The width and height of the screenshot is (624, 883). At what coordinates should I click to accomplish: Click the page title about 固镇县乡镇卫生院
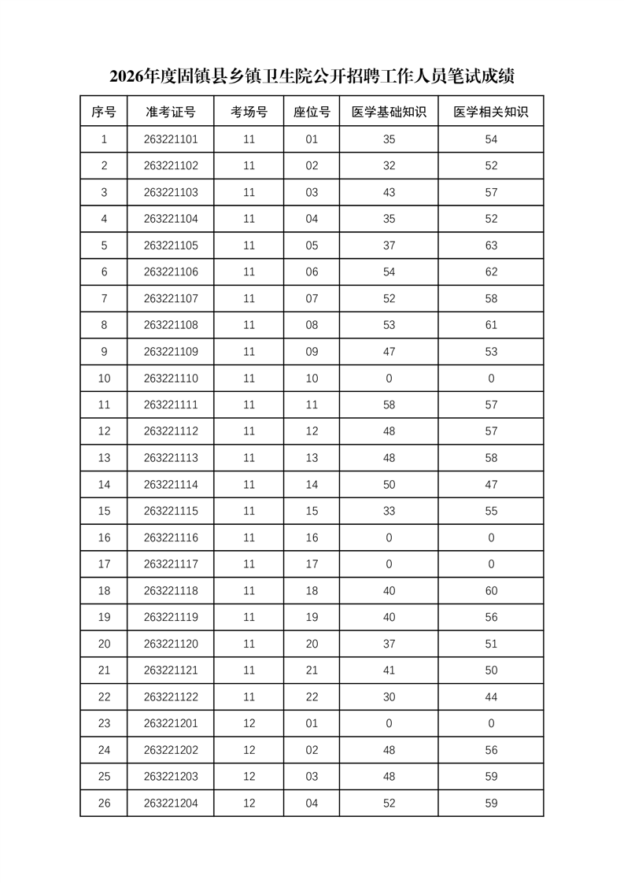click(x=312, y=76)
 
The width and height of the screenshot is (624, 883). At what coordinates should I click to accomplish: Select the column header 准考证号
click(x=171, y=113)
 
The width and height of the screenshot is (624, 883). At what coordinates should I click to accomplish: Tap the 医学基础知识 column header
click(x=389, y=113)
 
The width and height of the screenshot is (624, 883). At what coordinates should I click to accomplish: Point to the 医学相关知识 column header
click(x=491, y=113)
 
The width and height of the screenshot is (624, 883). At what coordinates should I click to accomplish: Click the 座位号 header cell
click(x=312, y=113)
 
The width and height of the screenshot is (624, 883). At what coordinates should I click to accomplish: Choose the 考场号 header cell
click(x=249, y=113)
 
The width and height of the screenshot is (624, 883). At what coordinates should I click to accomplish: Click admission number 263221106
click(x=171, y=272)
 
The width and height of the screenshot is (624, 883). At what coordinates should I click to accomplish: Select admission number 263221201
click(x=171, y=723)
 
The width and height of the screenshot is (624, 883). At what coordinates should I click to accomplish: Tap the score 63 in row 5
click(x=491, y=246)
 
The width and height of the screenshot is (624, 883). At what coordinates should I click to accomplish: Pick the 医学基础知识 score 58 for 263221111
click(x=389, y=405)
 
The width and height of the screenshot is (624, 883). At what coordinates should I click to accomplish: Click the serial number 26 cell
click(x=104, y=804)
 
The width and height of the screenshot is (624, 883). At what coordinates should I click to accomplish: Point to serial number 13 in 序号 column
click(x=104, y=458)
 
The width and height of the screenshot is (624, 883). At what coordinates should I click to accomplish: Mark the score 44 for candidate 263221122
click(x=491, y=696)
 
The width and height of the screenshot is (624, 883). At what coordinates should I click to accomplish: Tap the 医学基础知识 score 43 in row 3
click(x=389, y=193)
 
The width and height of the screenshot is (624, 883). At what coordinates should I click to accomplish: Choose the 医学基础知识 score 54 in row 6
click(x=389, y=272)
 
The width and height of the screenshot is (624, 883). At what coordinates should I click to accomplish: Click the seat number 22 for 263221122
click(x=312, y=696)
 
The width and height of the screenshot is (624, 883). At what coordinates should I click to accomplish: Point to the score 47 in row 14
click(x=491, y=485)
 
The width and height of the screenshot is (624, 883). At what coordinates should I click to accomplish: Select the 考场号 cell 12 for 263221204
click(x=249, y=804)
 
